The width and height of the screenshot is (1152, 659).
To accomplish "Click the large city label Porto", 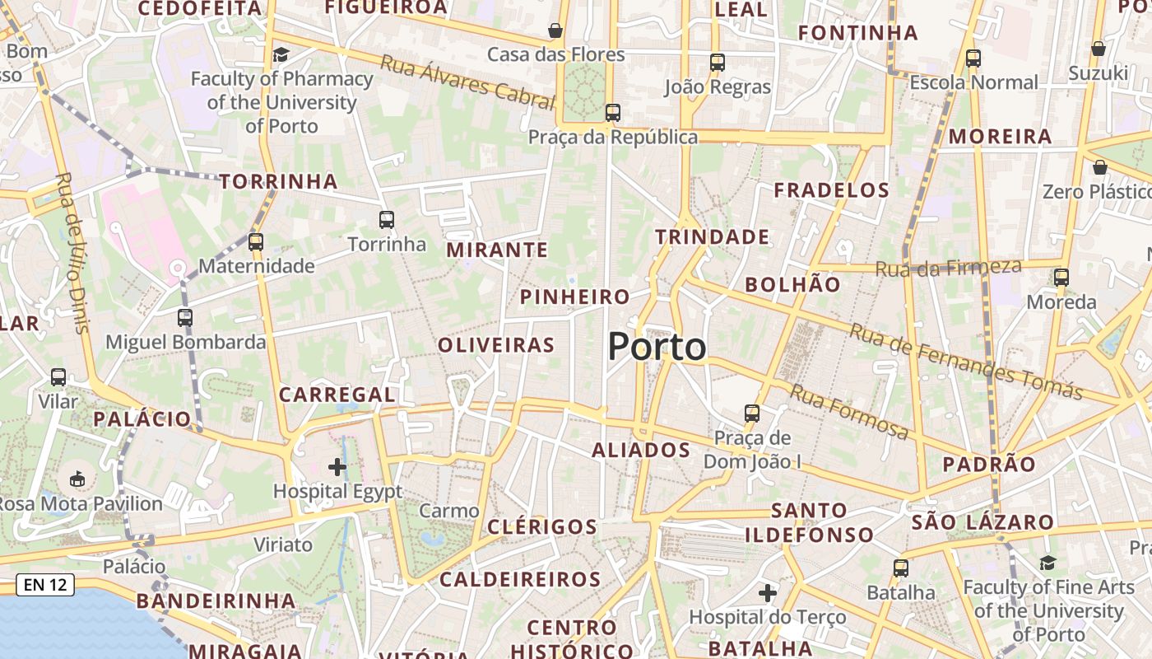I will (657, 348).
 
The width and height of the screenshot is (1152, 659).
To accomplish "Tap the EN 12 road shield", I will (45, 585).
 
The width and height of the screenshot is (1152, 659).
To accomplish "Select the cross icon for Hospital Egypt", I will (337, 467).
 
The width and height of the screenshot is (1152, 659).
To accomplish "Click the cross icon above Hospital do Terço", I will (768, 592).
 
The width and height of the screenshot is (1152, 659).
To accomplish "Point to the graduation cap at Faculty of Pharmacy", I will (281, 54).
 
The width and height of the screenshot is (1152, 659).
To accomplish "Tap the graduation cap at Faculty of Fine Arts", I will (1047, 563).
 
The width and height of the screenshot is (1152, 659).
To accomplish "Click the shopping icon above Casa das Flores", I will (556, 30).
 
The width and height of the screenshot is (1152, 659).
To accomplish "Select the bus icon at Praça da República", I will (612, 113).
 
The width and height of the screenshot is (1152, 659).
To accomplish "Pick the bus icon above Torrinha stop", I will (387, 220).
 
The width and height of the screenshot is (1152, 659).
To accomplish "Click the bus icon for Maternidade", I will (256, 241).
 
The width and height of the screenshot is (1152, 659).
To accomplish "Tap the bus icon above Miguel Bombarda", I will (185, 317).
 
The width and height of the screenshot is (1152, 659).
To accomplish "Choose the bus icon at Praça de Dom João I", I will (752, 413).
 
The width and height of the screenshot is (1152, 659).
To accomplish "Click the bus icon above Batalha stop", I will (901, 568).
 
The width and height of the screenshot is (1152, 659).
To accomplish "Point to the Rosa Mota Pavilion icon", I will (77, 479).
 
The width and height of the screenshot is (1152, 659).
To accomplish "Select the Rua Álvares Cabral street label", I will (467, 82).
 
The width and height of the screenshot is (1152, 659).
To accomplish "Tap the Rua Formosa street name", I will (849, 411).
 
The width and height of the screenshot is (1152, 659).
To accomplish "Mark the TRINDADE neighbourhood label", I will (713, 237).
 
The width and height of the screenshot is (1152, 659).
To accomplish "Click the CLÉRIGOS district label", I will (542, 526).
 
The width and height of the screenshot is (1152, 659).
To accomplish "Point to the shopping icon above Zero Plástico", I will (1099, 168).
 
